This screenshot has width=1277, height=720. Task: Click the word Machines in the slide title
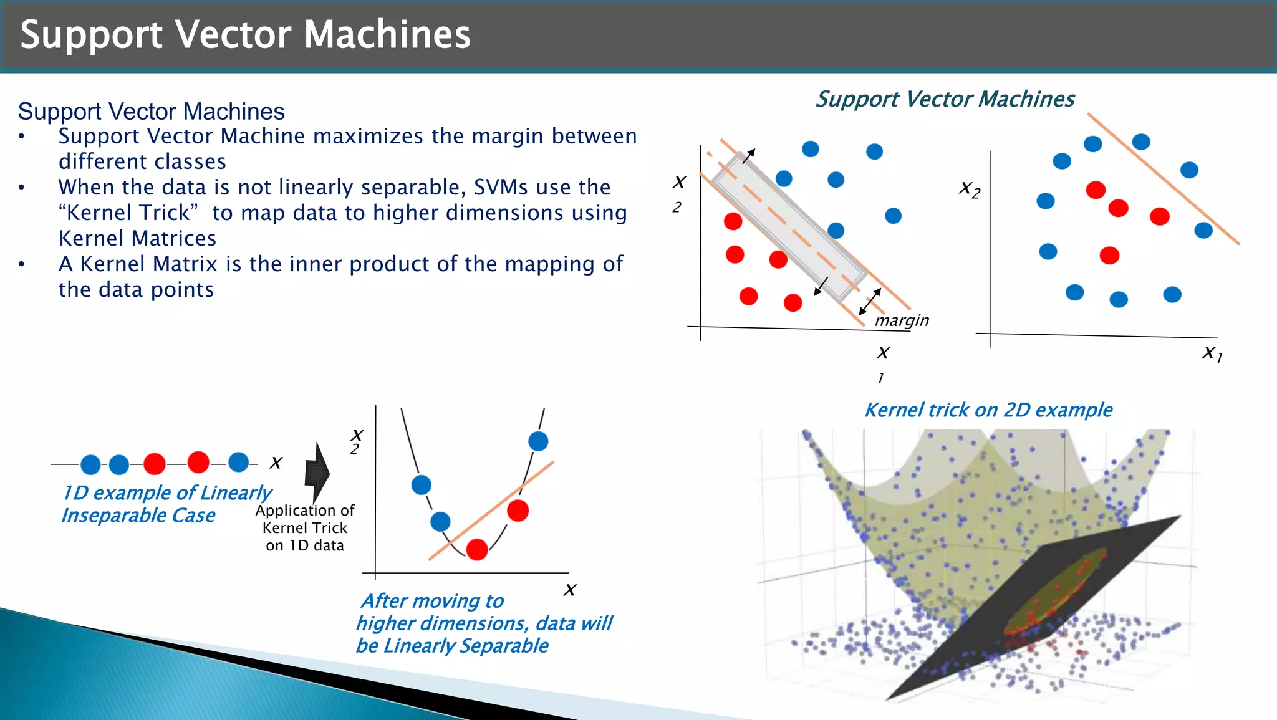click(387, 34)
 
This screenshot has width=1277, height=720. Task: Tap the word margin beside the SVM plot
click(902, 320)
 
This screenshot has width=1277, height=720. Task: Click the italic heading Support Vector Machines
click(945, 99)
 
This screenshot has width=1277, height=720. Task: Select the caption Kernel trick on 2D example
click(988, 410)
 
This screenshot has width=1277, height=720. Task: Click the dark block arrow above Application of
click(317, 473)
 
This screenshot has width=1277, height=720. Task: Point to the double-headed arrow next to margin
click(870, 302)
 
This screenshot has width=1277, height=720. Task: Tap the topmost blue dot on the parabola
click(538, 441)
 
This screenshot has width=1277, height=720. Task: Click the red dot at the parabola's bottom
click(477, 550)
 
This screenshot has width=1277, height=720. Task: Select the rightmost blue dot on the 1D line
click(239, 462)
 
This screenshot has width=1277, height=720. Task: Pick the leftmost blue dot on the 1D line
click(90, 464)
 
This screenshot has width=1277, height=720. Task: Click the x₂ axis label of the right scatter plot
click(970, 188)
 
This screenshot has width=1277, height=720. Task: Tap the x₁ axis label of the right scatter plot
click(1212, 353)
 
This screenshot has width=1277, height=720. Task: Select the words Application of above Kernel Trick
click(304, 511)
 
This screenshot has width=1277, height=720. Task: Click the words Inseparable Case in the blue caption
click(138, 516)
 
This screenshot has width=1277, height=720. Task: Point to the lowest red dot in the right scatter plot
click(1109, 255)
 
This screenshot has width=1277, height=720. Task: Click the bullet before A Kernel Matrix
click(22, 264)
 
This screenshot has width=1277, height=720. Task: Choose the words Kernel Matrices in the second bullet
click(137, 238)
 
